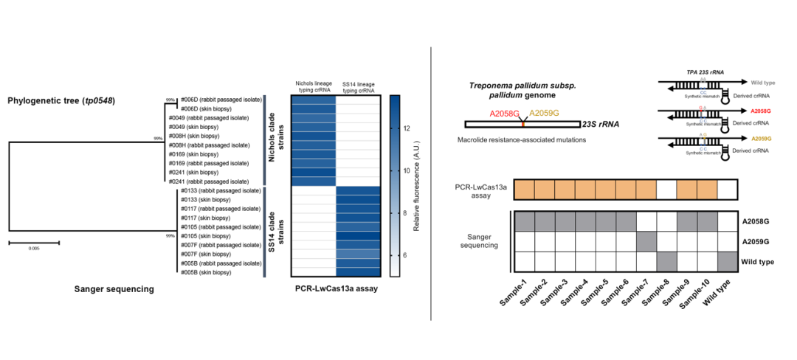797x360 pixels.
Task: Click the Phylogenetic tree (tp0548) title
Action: pyautogui.click(x=61, y=100)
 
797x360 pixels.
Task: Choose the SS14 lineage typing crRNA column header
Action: pyautogui.click(x=358, y=86)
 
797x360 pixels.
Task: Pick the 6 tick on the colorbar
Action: pyautogui.click(x=408, y=255)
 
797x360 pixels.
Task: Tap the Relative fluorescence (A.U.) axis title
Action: pyautogui.click(x=418, y=187)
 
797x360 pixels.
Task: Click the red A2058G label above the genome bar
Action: pyautogui.click(x=503, y=113)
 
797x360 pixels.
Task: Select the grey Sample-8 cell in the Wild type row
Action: pyautogui.click(x=667, y=261)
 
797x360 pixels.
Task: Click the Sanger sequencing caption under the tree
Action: pyautogui.click(x=114, y=289)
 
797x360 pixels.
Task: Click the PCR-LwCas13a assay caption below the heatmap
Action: pyautogui.click(x=337, y=289)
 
